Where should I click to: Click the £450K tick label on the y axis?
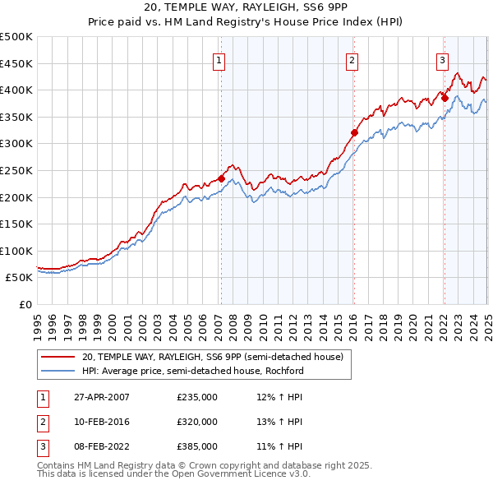16,63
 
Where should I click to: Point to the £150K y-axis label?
16,224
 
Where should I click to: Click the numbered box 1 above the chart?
220,59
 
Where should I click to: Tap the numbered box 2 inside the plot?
352,59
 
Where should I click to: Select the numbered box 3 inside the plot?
442,59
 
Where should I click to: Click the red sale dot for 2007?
221,178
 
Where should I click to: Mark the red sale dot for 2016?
354,132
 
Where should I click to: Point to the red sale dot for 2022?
445,98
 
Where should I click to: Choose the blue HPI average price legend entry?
193,371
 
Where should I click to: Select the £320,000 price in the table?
197,422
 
